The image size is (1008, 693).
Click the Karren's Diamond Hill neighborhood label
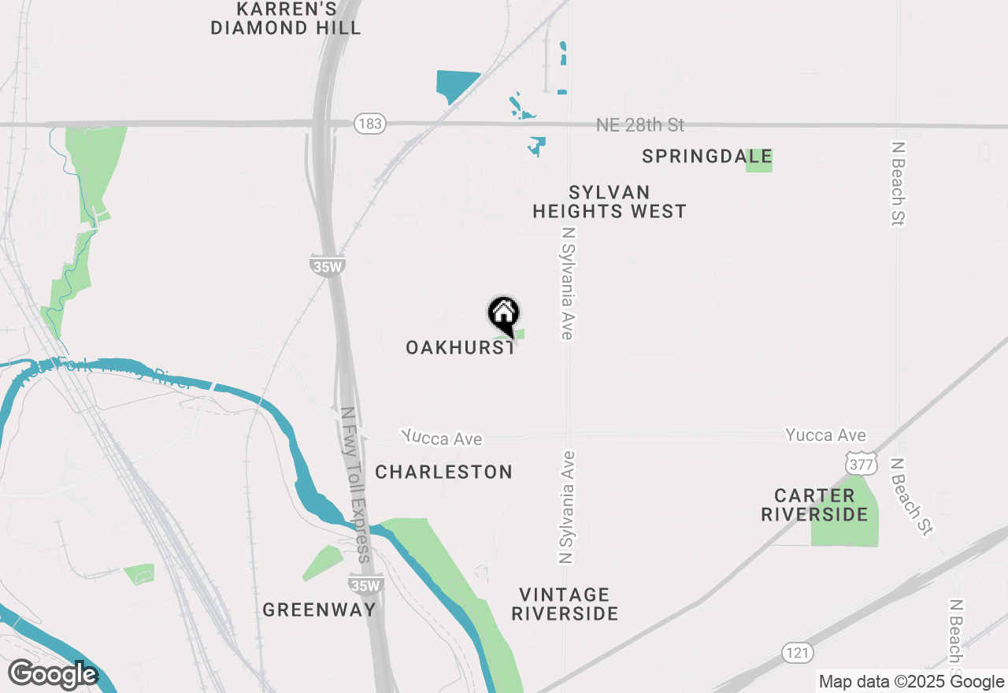coord(286,19)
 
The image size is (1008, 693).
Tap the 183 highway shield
coord(369,124)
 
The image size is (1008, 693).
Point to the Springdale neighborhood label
coord(706,157)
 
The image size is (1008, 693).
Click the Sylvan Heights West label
coord(610,202)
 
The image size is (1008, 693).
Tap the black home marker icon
coord(504,315)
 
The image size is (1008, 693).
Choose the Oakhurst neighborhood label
coord(460,347)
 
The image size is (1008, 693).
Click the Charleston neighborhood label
coord(444,472)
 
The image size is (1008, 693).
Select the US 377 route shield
coord(862,464)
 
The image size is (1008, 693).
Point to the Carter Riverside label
coord(815,505)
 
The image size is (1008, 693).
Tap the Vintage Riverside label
coord(565,604)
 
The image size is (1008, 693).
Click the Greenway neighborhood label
coord(319,610)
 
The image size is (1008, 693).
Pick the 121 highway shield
coord(798,653)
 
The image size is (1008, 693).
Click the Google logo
coord(53,675)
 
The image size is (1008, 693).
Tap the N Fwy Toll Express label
coord(355,484)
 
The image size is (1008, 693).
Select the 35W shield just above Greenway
coord(365,585)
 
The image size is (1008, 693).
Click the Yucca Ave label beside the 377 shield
coord(825,435)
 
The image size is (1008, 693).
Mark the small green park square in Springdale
coord(759,160)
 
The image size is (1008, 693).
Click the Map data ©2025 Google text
coord(911,682)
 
